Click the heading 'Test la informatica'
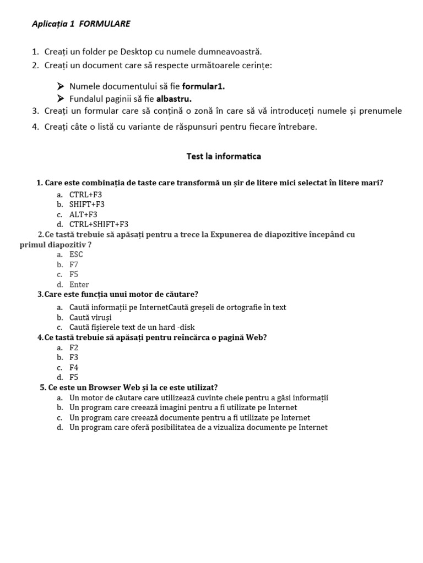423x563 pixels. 224,157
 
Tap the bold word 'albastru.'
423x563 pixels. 174,99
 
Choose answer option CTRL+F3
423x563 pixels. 85,195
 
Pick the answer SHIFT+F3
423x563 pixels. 86,205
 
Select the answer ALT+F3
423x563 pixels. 83,214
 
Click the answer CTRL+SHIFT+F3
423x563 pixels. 99,224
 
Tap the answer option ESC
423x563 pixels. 76,255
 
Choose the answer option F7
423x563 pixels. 74,264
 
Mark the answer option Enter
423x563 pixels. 79,285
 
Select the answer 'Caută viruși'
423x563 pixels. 90,318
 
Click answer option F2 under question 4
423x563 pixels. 74,347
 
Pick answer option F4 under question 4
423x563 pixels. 74,367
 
